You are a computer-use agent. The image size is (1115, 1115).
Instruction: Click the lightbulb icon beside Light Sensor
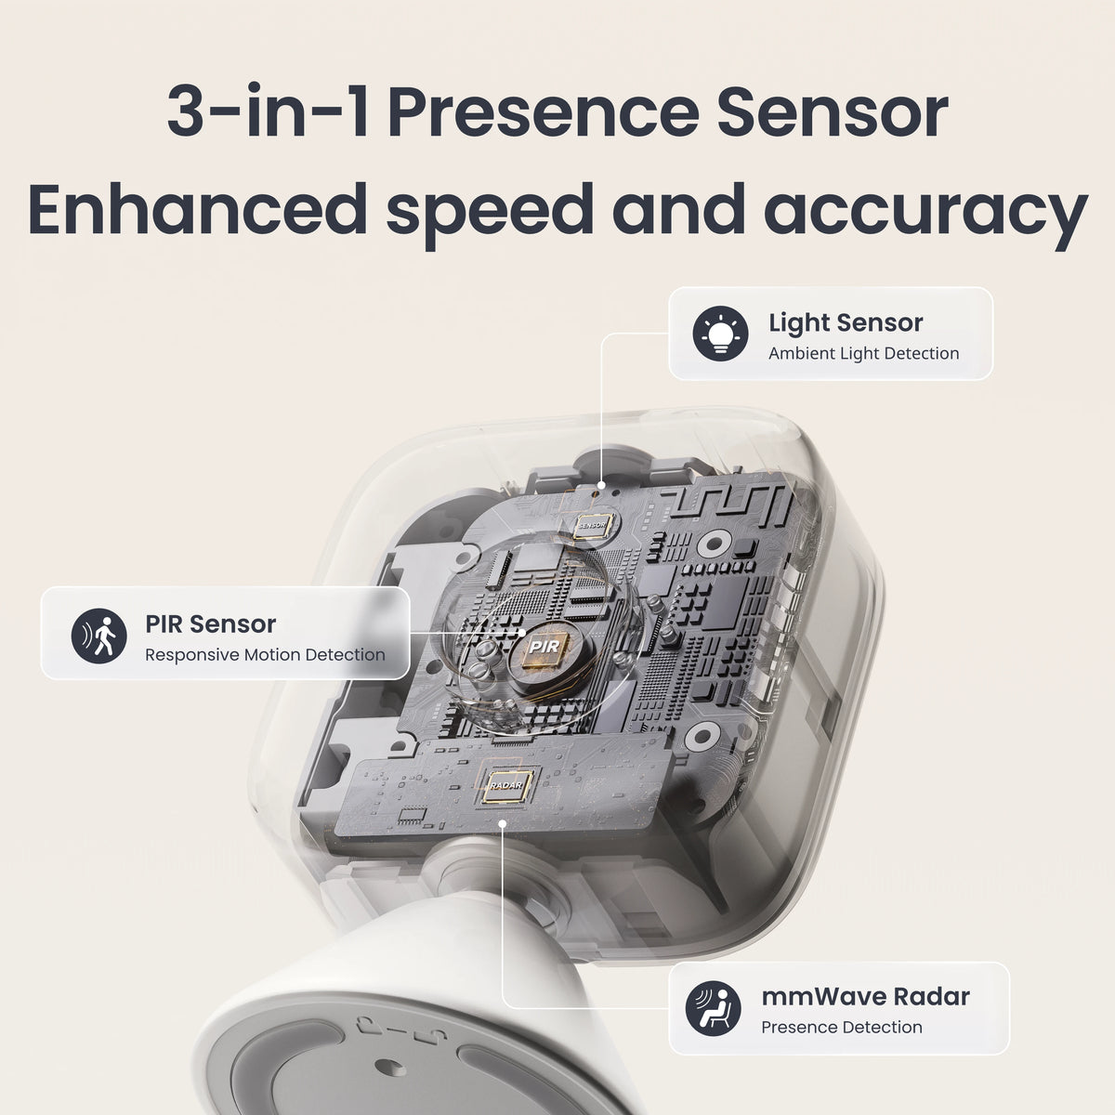coord(720,334)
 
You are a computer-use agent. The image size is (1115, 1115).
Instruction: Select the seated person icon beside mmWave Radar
coord(714,1008)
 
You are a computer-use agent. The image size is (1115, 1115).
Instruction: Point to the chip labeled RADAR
coord(507,786)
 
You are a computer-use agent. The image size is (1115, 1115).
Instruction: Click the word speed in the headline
coord(489,212)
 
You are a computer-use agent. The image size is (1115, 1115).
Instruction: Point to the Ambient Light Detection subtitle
coord(863,353)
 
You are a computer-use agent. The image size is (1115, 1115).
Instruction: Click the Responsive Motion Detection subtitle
coord(265,654)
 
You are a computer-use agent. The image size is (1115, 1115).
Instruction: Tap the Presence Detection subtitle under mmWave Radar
coord(841,1027)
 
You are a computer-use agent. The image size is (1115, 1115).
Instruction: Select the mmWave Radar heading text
coord(865,996)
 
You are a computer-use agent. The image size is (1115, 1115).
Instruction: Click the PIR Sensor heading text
coord(210,623)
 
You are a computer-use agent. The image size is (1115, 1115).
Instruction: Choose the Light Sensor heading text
coord(846,322)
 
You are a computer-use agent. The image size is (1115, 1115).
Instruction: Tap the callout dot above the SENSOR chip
coord(602,485)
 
